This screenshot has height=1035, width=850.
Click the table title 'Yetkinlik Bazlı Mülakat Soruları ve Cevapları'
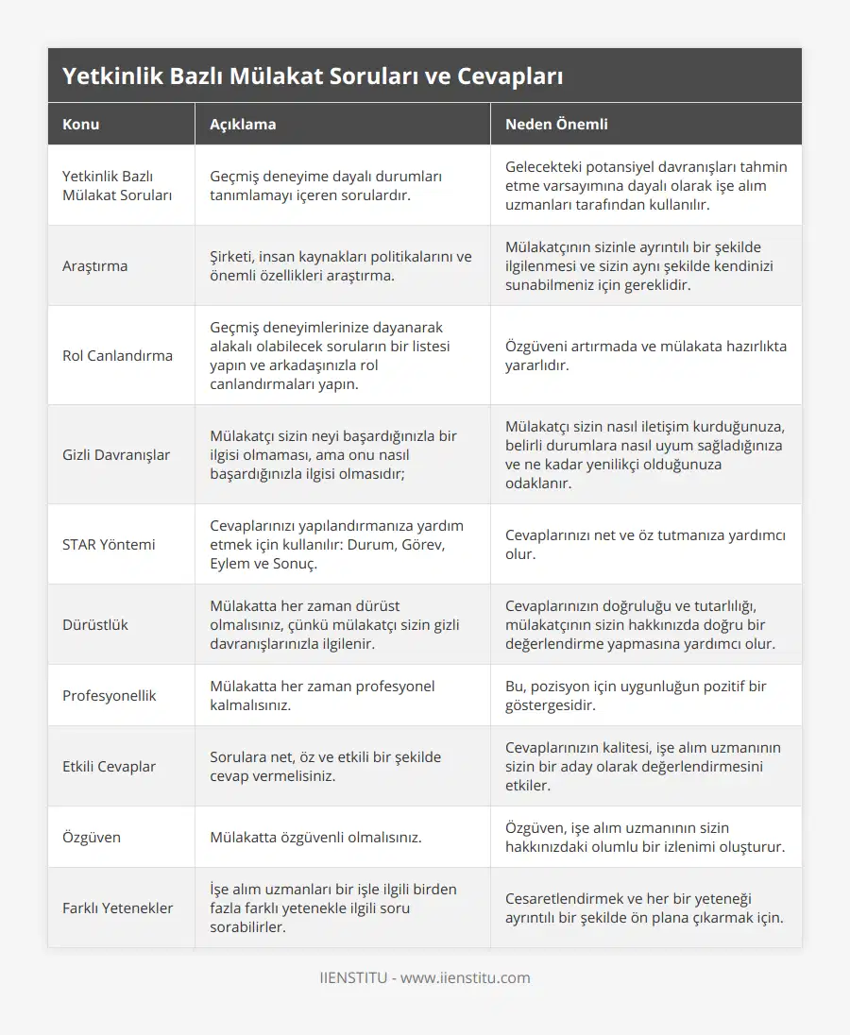313,76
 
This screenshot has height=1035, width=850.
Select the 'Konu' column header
80,124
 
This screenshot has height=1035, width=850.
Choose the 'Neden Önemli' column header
556,124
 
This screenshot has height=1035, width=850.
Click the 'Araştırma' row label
94,265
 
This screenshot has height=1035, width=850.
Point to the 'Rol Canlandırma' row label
117,355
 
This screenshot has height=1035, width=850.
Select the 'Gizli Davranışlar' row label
116,454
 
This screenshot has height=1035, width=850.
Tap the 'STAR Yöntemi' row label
109,544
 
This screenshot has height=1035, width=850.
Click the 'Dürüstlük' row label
94,624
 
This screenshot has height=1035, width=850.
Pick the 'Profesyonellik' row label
109,695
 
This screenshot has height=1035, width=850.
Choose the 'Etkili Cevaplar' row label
109,766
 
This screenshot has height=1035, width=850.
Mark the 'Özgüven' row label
91,837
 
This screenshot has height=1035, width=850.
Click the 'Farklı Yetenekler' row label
117,908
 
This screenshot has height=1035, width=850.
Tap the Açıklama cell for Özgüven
315,837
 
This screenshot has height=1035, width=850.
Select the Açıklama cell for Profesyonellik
322,695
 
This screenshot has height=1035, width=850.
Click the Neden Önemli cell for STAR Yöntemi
646,544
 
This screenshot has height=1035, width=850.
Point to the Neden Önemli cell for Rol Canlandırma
646,355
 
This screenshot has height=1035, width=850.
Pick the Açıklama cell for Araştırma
340,265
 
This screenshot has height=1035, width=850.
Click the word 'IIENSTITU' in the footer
353,977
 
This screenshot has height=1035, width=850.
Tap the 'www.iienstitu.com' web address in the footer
466,977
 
